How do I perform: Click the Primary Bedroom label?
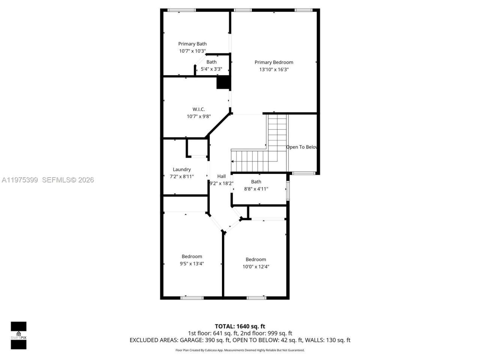pos(274,62)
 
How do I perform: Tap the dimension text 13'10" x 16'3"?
pos(274,69)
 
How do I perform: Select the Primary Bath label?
pos(192,44)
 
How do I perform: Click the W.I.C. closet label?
pos(199,109)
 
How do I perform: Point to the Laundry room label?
pos(182,169)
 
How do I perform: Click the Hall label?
pos(222,176)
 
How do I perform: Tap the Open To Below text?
pos(302,147)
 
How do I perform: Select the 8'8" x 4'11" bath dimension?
pos(256,189)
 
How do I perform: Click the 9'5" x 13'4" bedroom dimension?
pos(192,264)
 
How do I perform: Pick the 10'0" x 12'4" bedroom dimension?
pos(256,267)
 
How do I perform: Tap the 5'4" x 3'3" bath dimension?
pos(211,69)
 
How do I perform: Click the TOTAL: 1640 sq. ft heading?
pos(240,326)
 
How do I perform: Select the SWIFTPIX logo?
pos(18,335)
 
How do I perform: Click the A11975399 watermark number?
pos(20,180)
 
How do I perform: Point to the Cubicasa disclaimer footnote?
pos(240,350)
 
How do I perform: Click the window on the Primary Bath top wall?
pos(181,10)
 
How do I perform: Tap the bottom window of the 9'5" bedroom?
pos(192,298)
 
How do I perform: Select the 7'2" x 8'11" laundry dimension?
pos(182,177)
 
